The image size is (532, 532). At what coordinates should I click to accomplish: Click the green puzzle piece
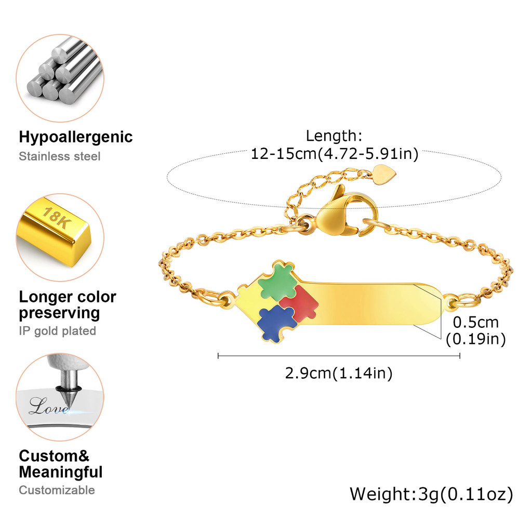(277, 282)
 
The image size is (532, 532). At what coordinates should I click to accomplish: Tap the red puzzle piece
(298, 304)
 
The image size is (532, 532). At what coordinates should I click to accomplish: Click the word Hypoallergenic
(76, 137)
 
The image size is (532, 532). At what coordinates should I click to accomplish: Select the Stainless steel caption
(60, 156)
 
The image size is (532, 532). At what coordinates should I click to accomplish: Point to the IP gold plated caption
(58, 331)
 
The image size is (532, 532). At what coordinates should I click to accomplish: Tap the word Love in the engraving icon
(48, 406)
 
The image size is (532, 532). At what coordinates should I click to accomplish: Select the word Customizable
(57, 490)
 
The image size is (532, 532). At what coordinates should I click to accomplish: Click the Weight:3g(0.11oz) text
(431, 494)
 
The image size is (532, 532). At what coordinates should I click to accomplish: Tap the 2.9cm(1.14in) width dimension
(338, 373)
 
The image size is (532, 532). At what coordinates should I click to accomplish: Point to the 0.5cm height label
(475, 322)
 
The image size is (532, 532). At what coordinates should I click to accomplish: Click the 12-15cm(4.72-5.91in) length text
(334, 154)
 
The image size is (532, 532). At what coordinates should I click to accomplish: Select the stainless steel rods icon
(60, 73)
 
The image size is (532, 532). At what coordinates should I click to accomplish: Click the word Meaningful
(61, 472)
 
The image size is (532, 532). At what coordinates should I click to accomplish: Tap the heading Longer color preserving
(68, 305)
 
